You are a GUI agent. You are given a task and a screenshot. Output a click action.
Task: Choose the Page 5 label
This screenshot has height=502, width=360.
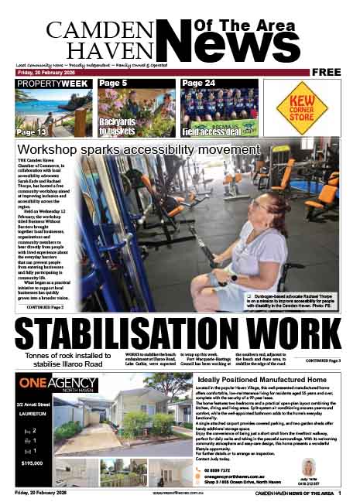[113, 83]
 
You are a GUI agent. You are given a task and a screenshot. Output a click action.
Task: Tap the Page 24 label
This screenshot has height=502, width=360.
[199, 83]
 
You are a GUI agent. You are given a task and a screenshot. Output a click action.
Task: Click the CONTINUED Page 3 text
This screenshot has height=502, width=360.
[323, 360]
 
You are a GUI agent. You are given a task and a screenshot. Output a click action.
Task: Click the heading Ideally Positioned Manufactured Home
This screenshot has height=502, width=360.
[261, 381]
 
